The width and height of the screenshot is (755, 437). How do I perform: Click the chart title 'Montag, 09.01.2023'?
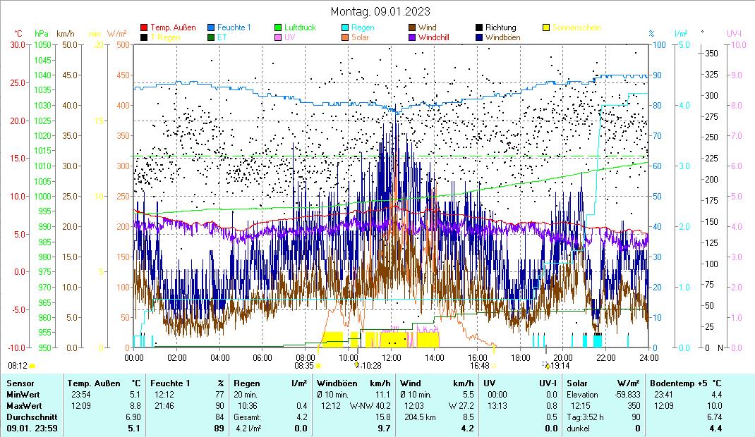coord(380,11)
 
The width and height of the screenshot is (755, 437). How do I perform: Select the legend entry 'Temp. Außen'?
coord(173,27)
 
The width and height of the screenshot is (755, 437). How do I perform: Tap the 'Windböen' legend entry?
coord(502,37)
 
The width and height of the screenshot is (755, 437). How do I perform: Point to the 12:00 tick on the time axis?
coord(391,357)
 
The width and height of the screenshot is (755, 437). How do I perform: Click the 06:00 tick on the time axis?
coord(262,357)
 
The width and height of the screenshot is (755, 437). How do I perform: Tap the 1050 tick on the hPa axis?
coord(42,44)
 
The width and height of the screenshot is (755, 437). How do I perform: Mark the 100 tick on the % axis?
coord(659,44)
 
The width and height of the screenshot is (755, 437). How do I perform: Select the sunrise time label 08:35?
coord(304,366)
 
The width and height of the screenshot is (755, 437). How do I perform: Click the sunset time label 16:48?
coord(479,366)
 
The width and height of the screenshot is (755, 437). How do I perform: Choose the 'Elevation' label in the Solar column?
coord(582,395)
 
